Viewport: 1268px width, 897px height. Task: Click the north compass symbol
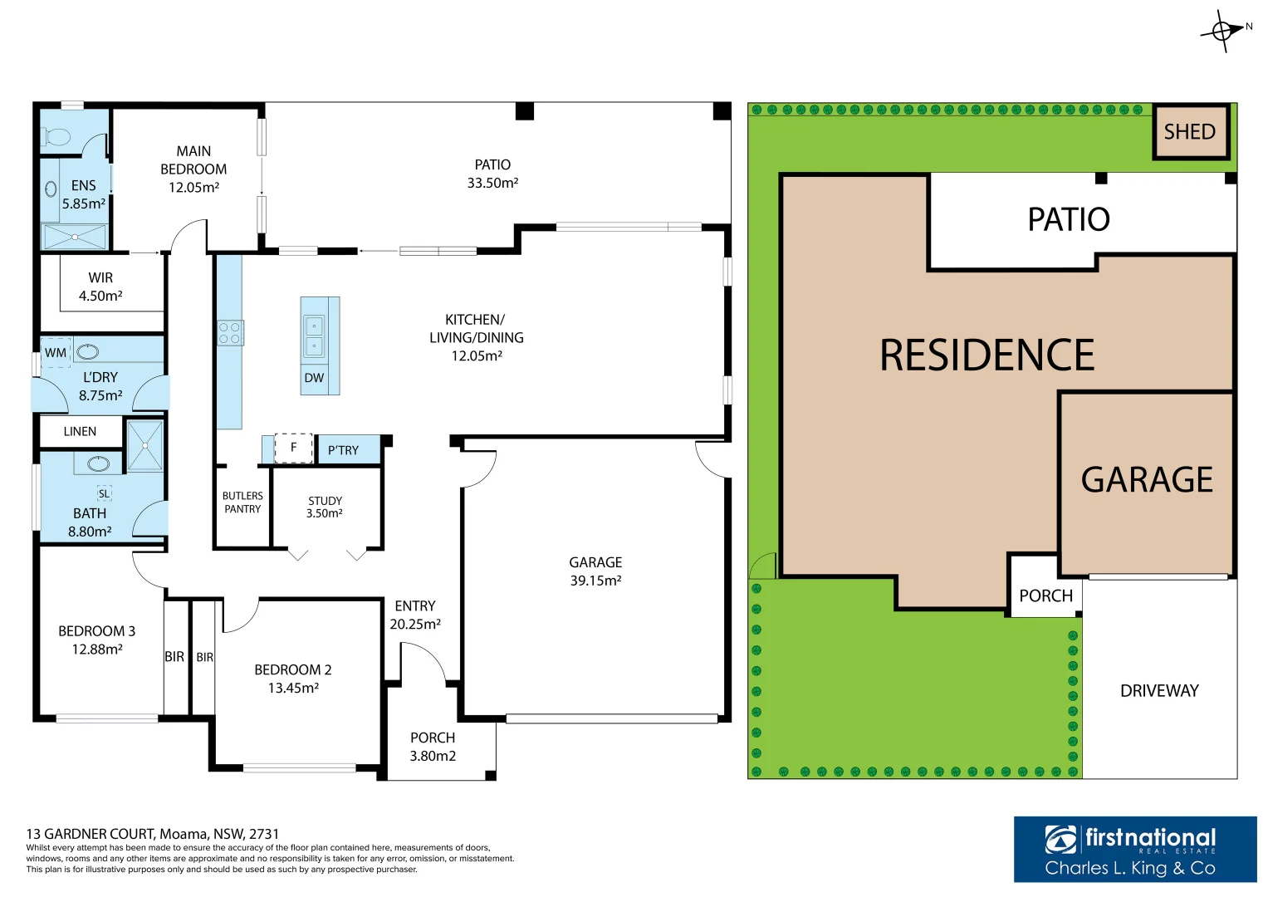click(x=1224, y=31)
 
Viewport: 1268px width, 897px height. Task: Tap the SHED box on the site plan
click(x=1190, y=132)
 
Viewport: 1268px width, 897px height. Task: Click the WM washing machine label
click(x=56, y=352)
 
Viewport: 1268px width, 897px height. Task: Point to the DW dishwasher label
click(x=314, y=378)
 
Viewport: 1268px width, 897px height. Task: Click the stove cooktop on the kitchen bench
click(x=230, y=333)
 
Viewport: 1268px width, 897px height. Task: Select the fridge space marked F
click(x=293, y=448)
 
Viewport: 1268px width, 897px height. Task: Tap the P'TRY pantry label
click(x=343, y=450)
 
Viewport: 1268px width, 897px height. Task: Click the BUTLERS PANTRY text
click(x=242, y=502)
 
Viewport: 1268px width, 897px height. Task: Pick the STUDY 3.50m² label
click(x=325, y=507)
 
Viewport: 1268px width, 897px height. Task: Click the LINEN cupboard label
click(x=80, y=431)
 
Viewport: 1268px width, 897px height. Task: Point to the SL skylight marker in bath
click(x=104, y=493)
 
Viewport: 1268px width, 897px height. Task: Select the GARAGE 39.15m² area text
click(x=595, y=571)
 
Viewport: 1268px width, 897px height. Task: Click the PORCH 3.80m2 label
click(x=433, y=747)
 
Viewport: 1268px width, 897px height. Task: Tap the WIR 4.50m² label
click(x=100, y=287)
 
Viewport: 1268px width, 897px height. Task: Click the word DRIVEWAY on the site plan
click(x=1159, y=691)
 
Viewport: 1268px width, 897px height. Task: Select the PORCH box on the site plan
click(x=1045, y=595)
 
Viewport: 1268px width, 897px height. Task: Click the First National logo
click(x=1134, y=848)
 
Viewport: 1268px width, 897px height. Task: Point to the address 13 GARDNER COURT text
click(x=153, y=834)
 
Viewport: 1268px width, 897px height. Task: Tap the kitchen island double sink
click(x=314, y=335)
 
